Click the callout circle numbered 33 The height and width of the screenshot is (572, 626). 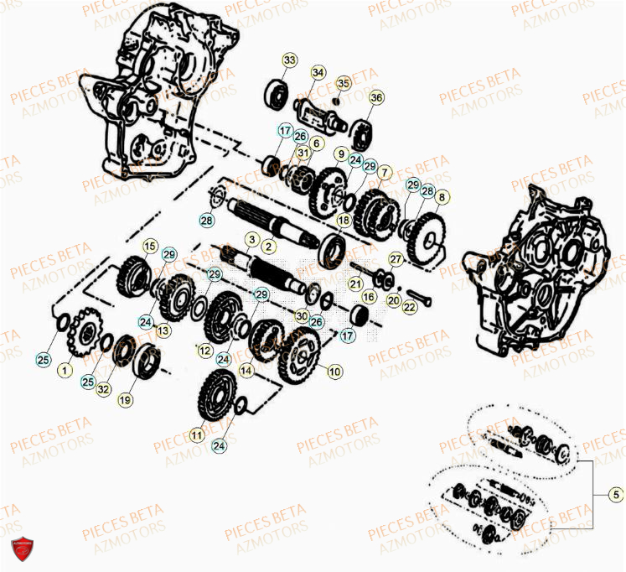[x=289, y=60]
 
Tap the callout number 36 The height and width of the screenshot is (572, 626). [x=375, y=98]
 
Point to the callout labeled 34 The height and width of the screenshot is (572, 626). [x=318, y=72]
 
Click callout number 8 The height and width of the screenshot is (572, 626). [x=442, y=198]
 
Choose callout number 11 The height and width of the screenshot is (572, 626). [x=196, y=435]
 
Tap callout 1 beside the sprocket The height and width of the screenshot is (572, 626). [x=61, y=369]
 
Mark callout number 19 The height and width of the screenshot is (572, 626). [x=125, y=401]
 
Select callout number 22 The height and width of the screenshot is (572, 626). [x=409, y=308]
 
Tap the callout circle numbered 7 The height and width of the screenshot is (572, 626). [x=383, y=174]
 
